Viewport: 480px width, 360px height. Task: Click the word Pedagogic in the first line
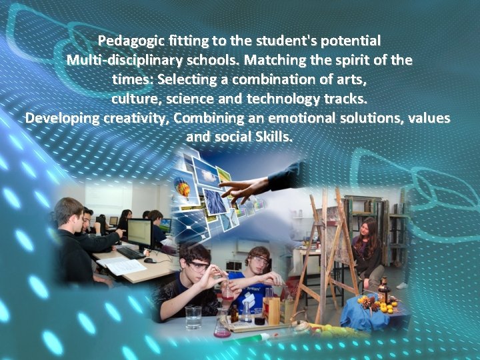(127, 40)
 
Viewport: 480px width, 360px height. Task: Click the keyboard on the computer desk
(129, 253)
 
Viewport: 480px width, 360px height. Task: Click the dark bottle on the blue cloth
(384, 291)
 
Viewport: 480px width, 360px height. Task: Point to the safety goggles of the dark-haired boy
(198, 265)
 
